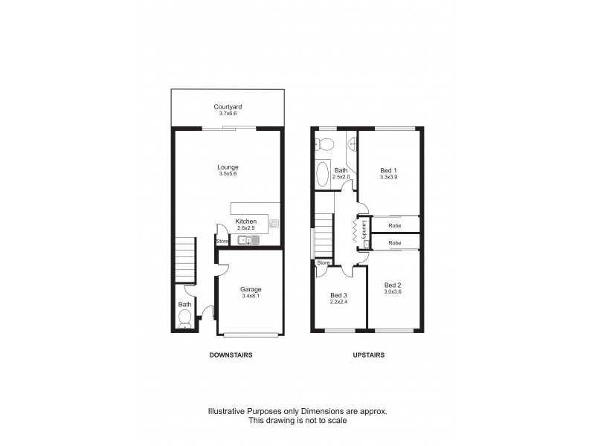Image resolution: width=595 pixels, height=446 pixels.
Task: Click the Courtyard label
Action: (228, 106)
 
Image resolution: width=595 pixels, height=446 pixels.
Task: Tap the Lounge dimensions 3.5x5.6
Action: (228, 174)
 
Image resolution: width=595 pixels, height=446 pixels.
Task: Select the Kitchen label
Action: (245, 222)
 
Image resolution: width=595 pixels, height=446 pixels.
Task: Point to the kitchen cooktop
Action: (274, 223)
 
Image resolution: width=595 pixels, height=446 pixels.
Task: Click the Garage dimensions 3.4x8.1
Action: (251, 297)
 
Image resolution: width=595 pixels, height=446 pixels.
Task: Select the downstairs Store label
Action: (222, 241)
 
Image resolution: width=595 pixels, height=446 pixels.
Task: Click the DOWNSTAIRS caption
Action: (230, 355)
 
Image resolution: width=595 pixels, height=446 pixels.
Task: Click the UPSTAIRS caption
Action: (368, 355)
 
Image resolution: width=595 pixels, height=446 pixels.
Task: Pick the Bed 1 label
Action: (389, 170)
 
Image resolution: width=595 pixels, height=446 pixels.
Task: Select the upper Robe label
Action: (395, 222)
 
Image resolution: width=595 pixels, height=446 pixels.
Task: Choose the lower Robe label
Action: (395, 243)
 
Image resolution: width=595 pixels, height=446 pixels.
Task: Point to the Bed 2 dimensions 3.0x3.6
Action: (393, 291)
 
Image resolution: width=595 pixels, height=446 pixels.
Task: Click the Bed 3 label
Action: (339, 295)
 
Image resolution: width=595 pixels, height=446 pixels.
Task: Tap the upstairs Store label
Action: (323, 262)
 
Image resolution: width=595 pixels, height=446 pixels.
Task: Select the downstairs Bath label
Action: (184, 304)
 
